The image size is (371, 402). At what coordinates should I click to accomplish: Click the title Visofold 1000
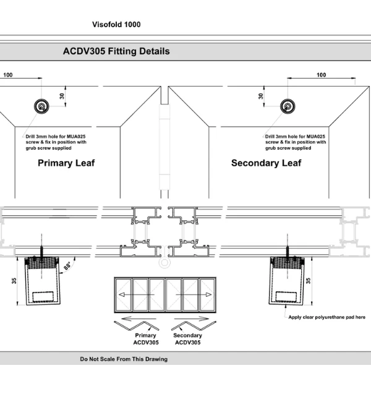(116, 25)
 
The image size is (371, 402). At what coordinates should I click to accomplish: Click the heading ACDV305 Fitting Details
(116, 51)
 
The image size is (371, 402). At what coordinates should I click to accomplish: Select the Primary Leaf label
(66, 163)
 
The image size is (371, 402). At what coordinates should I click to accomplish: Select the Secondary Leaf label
(266, 163)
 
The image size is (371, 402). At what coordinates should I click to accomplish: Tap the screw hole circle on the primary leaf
(41, 106)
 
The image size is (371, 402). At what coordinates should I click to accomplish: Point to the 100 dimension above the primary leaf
(8, 75)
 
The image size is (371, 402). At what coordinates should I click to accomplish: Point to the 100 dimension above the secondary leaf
(321, 75)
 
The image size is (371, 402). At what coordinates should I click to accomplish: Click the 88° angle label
(67, 267)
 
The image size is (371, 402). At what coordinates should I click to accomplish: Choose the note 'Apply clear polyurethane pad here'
(326, 317)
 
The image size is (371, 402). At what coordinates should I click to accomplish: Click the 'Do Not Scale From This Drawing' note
(124, 359)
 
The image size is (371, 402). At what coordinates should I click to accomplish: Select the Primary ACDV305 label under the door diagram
(145, 339)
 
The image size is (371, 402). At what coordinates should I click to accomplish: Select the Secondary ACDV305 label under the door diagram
(187, 339)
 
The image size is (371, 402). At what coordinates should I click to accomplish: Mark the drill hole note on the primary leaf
(56, 142)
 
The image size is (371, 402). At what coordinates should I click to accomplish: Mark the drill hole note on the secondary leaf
(295, 142)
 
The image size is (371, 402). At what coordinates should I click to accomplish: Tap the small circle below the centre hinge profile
(164, 263)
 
